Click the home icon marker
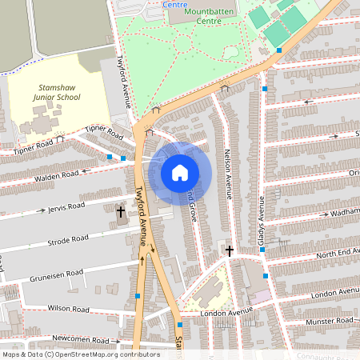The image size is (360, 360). [180, 172]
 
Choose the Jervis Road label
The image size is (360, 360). [65, 206]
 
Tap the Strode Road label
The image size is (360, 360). [67, 238]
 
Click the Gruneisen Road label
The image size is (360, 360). [57, 274]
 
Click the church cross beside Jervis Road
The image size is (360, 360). [121, 213]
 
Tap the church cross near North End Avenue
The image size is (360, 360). [230, 251]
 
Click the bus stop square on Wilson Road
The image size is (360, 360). [138, 296]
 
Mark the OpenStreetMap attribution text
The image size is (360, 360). [80, 354]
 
